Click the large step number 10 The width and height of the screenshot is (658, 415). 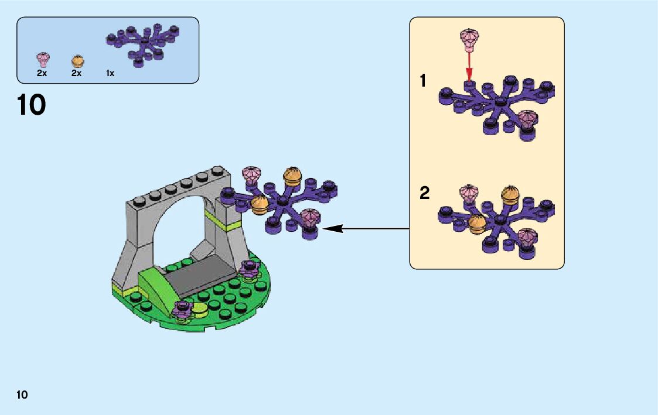point(32,105)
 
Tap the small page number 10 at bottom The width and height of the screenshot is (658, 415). point(22,395)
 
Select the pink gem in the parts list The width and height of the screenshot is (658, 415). point(43,60)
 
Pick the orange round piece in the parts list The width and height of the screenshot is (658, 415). point(77,61)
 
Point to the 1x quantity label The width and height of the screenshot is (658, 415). point(110,74)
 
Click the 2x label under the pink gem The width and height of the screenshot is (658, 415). point(42,74)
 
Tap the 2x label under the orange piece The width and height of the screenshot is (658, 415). point(76,74)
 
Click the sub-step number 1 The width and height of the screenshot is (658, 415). point(423,81)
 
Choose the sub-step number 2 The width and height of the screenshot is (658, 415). point(425,193)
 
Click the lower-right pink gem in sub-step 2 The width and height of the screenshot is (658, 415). point(527,237)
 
